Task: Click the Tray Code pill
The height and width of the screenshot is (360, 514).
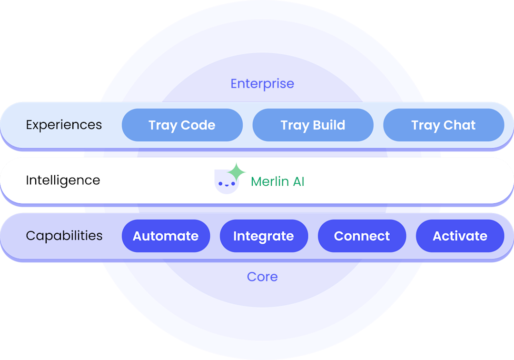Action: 182,125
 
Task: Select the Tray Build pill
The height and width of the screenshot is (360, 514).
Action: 313,125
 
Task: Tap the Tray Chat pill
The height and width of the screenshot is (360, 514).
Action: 443,125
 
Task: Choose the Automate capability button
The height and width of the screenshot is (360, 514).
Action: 166,236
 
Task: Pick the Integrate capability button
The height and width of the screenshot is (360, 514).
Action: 264,236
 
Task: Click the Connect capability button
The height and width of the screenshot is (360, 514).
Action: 362,236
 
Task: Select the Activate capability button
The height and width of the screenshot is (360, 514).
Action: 460,236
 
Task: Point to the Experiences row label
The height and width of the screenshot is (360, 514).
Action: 64,125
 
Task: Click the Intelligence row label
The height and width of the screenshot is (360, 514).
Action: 63,180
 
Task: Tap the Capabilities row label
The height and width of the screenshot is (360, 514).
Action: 64,236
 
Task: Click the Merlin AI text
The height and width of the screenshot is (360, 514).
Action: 277,181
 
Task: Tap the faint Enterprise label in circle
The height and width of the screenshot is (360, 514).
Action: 262,84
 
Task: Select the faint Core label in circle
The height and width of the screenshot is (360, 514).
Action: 262,277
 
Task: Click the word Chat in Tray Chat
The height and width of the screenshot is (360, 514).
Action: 459,125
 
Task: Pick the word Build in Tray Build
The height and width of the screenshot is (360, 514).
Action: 329,125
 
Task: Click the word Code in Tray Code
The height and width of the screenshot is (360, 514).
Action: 198,125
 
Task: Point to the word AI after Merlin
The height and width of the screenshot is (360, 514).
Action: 298,181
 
